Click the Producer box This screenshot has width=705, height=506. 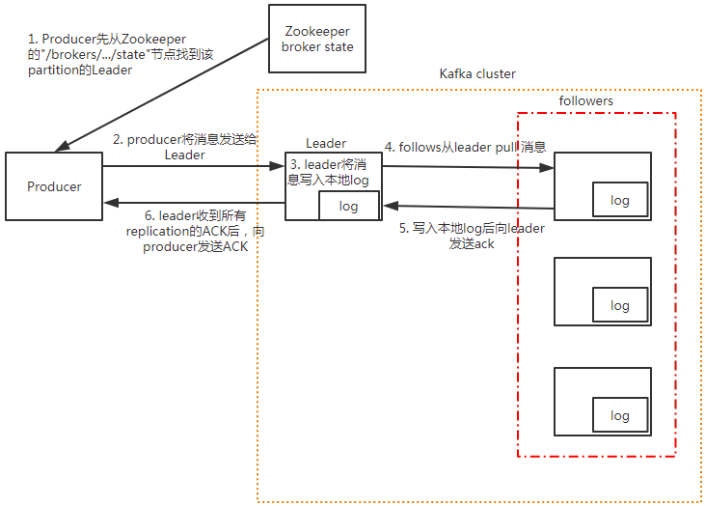point(54,186)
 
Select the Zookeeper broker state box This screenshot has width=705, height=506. point(316,40)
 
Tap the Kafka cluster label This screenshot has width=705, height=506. point(476,74)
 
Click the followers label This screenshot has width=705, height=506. point(585,101)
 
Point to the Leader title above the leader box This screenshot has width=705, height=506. point(326,144)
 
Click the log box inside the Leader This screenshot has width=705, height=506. point(349,206)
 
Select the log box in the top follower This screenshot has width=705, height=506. point(620,200)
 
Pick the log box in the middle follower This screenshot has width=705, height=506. point(620,305)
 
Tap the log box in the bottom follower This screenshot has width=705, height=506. point(620,415)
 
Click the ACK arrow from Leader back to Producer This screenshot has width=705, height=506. point(193,203)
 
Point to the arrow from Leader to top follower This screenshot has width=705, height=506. point(468,167)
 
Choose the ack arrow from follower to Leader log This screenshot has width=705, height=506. point(468,206)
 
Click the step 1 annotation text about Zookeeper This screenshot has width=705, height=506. point(106,54)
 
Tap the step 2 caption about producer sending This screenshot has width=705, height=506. point(184,147)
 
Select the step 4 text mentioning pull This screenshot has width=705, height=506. point(466,148)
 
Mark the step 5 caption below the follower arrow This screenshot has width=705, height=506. point(472,237)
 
